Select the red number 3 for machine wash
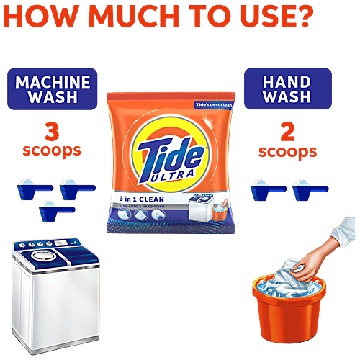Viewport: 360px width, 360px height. tap(50, 132)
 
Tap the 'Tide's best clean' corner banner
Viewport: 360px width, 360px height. tap(216, 106)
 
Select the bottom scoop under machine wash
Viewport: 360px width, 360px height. tap(55, 210)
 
